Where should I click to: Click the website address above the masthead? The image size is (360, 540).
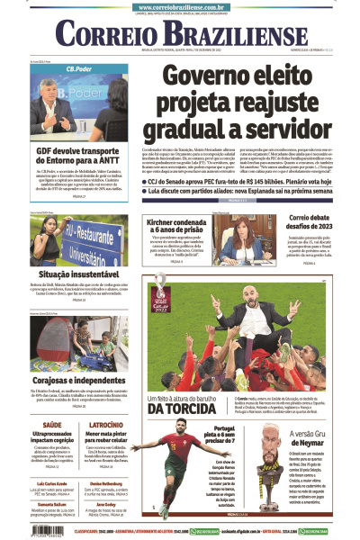click(x=179, y=6)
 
